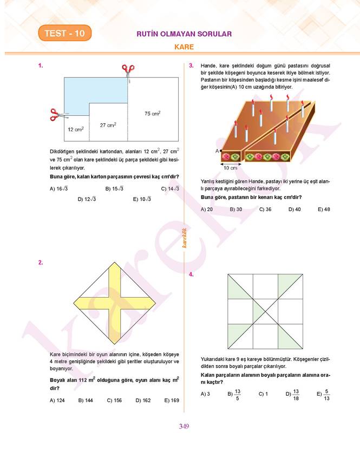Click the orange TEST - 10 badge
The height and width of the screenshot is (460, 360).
pos(64,34)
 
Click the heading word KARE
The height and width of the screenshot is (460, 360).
pos(184,47)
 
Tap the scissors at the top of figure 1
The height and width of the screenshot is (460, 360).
pos(128,70)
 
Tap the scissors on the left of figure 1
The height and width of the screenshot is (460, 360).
pos(56,115)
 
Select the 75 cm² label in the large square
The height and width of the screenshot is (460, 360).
pos(152,114)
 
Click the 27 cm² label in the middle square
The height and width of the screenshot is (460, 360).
pos(108,125)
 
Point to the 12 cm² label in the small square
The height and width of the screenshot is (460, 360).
pos(75,129)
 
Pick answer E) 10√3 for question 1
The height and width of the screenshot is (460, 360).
pos(142,199)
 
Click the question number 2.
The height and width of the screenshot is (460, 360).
pos(41,262)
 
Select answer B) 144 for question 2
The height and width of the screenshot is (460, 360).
pos(86,400)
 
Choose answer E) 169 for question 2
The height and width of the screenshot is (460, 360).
pos(172,400)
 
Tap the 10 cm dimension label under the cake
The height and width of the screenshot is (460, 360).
pos(230,168)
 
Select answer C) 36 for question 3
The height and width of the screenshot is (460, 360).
pos(265,209)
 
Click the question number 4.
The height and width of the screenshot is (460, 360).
pos(191,275)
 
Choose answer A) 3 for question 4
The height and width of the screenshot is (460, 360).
pos(205,394)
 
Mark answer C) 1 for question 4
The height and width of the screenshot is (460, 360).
pos(263,394)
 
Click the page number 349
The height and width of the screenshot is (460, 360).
pos(183,426)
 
